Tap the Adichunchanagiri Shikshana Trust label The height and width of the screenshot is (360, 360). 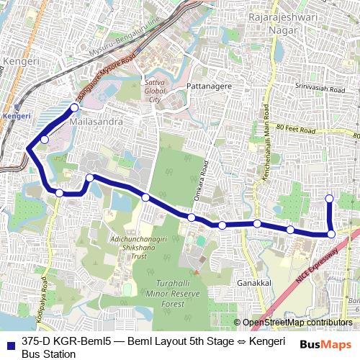pos(118,246)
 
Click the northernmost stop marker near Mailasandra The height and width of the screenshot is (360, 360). pos(74,108)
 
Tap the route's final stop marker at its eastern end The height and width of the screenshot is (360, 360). pos(330,199)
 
